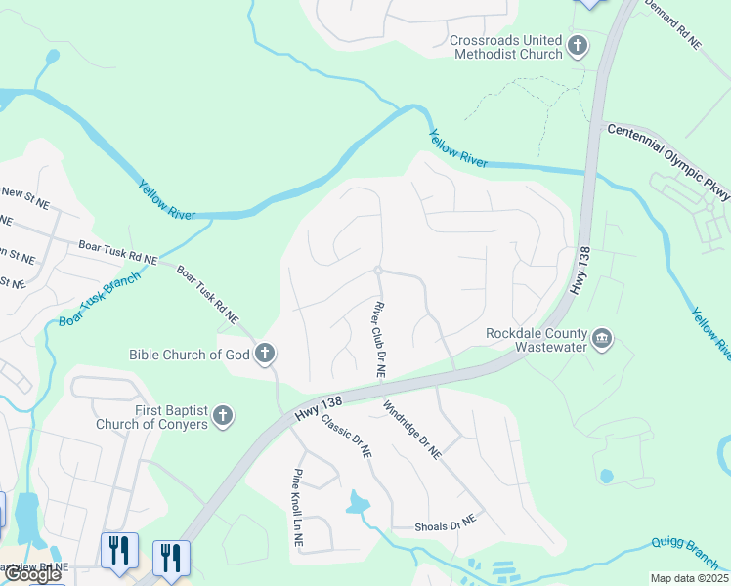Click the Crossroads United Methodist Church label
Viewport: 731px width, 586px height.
click(x=505, y=47)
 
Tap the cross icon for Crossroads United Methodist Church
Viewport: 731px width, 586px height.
click(x=578, y=45)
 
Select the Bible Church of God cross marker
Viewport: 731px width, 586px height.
click(x=264, y=354)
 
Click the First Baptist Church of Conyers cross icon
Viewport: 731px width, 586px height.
click(x=223, y=416)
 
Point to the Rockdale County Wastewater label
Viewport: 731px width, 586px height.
click(x=537, y=340)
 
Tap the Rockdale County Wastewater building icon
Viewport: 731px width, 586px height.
click(x=602, y=339)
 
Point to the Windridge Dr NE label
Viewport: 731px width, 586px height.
click(x=412, y=430)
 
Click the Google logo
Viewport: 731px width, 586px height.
click(x=31, y=574)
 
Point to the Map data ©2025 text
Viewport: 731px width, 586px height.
click(x=688, y=578)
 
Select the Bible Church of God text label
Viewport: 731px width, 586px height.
click(x=190, y=354)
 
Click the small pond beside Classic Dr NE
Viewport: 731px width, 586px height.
click(x=358, y=504)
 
